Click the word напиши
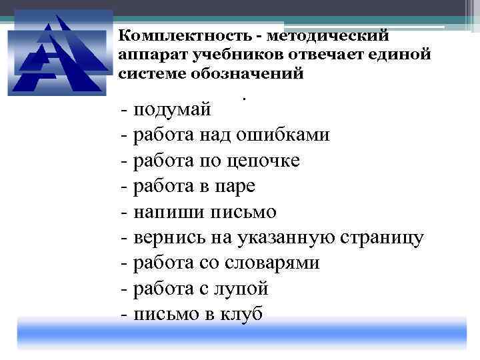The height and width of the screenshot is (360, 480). click(163, 212)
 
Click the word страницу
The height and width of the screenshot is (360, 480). click(387, 237)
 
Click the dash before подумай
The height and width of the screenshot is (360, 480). click(125, 109)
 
